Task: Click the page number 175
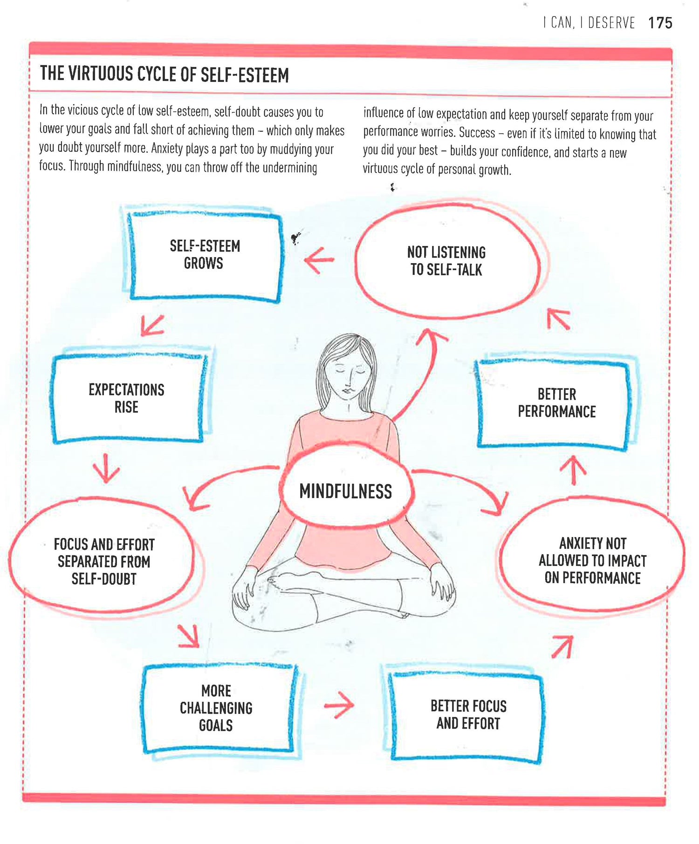660,23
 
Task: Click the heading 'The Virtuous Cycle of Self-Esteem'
164,75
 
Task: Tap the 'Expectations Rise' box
127,398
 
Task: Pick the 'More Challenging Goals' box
216,708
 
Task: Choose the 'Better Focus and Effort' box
468,715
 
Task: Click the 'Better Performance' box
556,403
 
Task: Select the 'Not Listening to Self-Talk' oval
446,261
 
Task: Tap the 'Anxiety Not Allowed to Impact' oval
592,560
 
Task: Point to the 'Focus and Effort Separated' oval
103,561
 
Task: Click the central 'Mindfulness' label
345,491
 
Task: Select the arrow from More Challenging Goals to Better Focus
339,705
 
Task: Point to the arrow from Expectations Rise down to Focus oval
106,468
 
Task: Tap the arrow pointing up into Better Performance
573,470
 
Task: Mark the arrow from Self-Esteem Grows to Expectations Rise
152,325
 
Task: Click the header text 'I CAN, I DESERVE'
589,23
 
